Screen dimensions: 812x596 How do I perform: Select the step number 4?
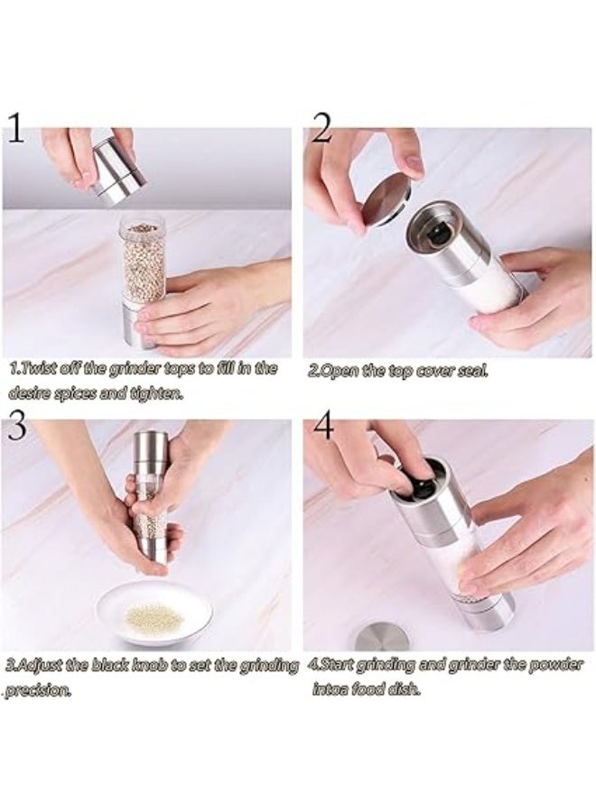pos(322,425)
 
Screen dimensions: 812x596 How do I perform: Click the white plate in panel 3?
pos(154,614)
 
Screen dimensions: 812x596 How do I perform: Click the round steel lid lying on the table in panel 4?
pos(381,637)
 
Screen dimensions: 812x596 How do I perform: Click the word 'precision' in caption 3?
pos(38,690)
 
